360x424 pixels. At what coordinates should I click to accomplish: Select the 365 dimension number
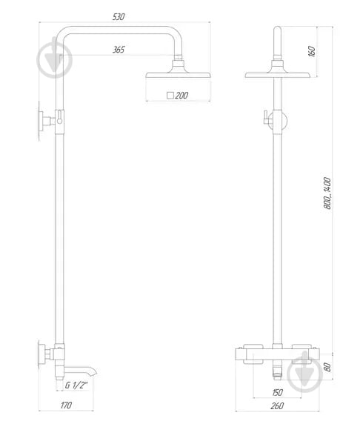(119, 50)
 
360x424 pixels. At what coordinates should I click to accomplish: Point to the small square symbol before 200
(170, 96)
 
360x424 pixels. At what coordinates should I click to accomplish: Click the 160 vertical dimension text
(312, 51)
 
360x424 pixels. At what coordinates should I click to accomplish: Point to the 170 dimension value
(67, 406)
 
